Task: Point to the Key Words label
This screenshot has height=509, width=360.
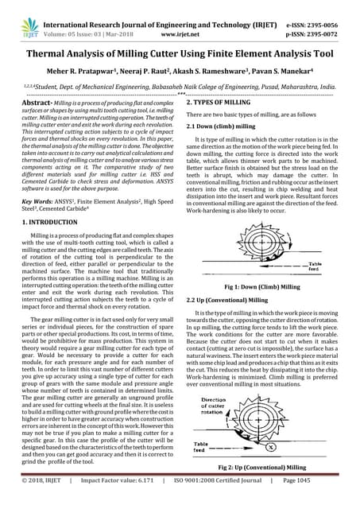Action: tap(38, 202)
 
